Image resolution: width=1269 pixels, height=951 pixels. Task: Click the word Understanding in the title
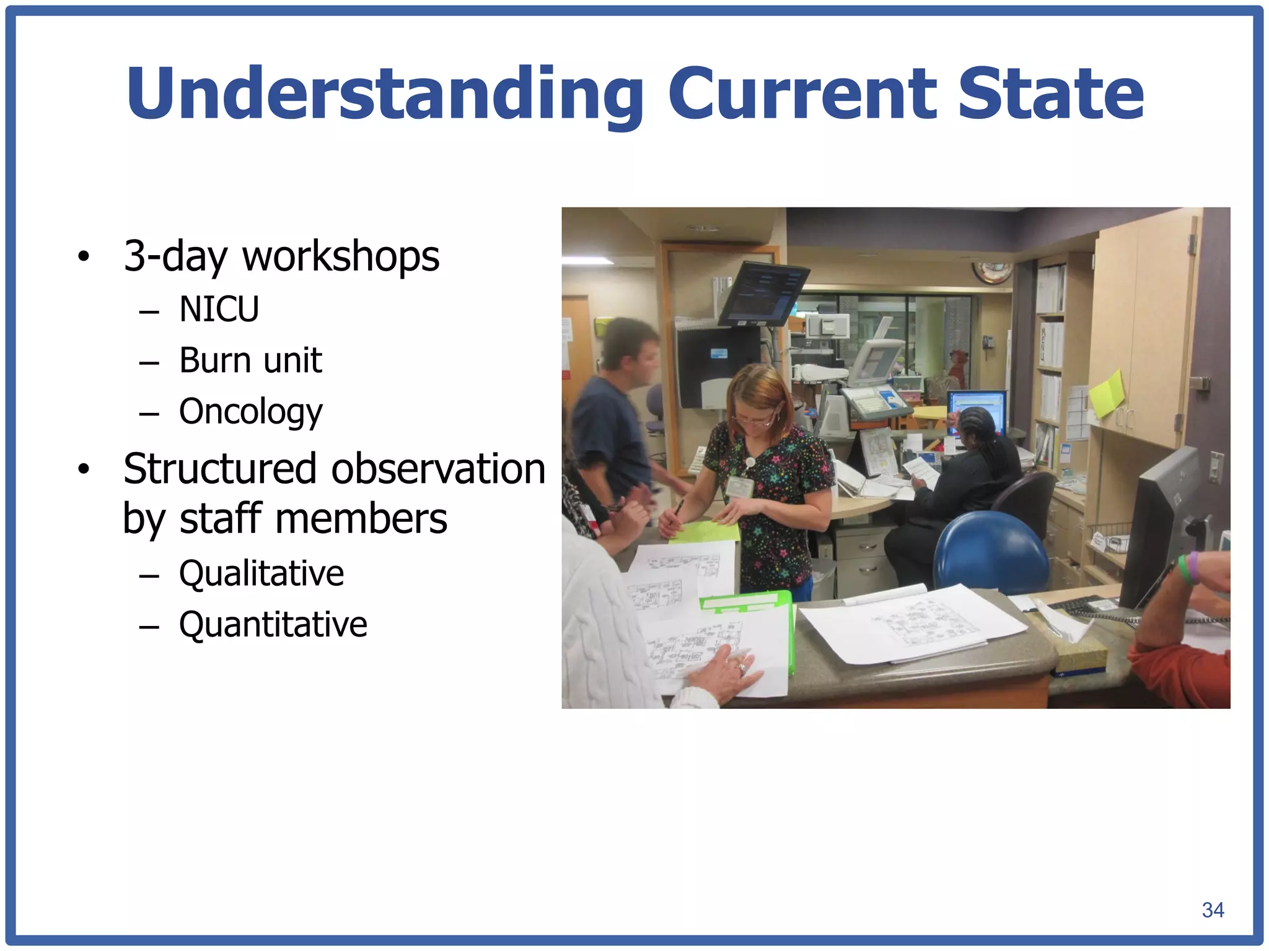[384, 94]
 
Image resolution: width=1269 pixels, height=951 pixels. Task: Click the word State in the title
[1050, 94]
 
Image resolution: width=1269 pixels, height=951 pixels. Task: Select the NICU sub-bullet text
[219, 309]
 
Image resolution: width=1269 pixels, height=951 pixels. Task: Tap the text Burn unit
[250, 360]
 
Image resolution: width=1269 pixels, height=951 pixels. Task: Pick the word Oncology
[250, 412]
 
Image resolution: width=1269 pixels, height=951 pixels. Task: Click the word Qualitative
[261, 573]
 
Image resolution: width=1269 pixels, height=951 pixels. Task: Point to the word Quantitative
[273, 624]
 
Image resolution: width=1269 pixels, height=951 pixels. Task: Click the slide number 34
[1213, 910]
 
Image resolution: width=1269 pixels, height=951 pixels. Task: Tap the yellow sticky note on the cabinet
[1107, 393]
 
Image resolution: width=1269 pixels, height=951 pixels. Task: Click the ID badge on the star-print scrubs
[739, 487]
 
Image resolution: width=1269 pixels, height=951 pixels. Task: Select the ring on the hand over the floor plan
[741, 667]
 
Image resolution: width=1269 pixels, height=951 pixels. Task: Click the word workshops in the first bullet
[340, 256]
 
